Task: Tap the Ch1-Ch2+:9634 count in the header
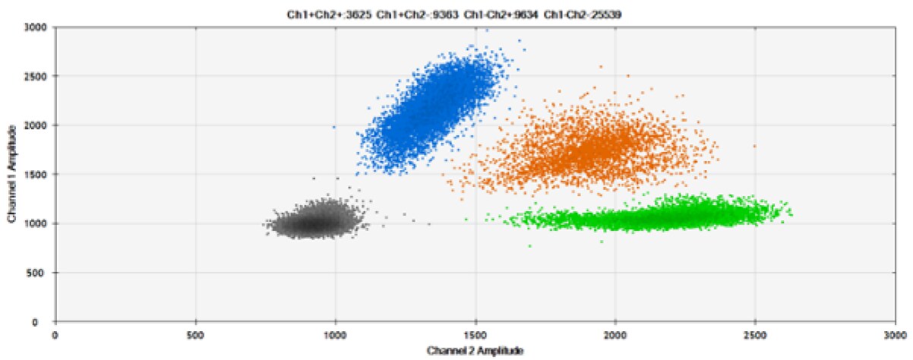point(489,12)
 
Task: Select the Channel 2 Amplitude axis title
point(475,351)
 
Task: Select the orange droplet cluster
point(592,148)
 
